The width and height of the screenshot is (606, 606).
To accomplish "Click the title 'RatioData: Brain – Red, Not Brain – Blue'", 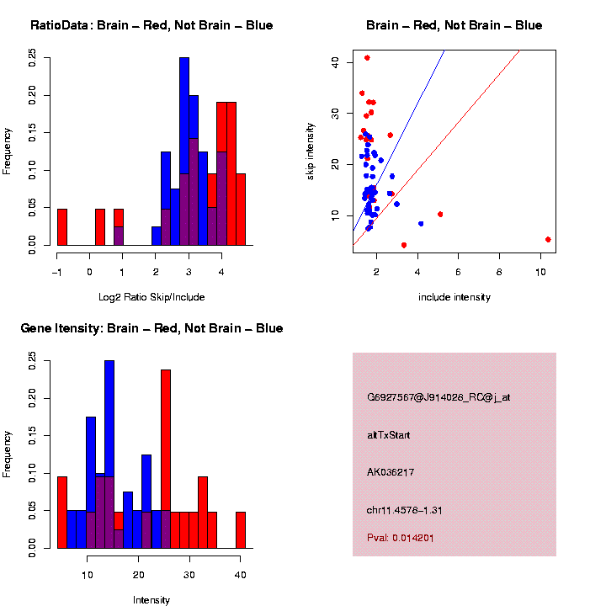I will (151, 25).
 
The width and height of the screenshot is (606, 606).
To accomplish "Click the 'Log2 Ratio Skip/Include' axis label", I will (151, 297).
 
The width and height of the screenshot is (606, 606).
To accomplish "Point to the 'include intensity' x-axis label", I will (454, 297).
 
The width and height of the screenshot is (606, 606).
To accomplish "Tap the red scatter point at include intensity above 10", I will (548, 239).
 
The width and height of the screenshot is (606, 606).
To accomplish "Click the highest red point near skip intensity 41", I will (367, 58).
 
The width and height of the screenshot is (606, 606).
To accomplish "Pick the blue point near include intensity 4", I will (421, 223).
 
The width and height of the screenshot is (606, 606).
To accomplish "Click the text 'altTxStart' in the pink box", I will (389, 435).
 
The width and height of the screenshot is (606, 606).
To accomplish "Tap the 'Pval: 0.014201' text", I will (401, 538).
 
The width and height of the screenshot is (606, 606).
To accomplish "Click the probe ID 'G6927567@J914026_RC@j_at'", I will (439, 397).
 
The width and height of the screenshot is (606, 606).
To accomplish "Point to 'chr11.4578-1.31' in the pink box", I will (405, 509).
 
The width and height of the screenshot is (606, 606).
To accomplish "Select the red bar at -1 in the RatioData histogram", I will (62, 227).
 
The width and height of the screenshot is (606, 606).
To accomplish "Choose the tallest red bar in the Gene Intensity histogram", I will (166, 459).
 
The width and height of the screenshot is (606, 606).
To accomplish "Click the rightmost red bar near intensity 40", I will (241, 530).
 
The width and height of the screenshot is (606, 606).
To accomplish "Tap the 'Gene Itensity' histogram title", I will (151, 328).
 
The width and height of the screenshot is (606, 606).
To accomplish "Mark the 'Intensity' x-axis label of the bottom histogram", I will (151, 600).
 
